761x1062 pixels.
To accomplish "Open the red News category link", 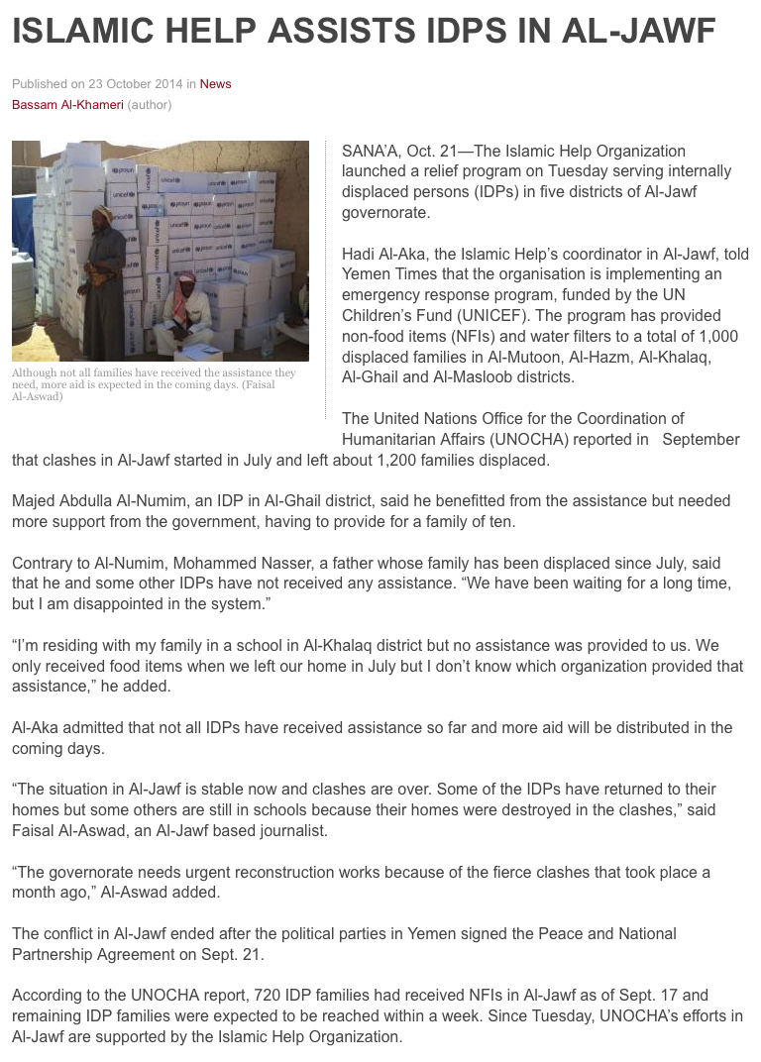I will click(215, 84).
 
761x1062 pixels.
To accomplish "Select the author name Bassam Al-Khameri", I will click(67, 104).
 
